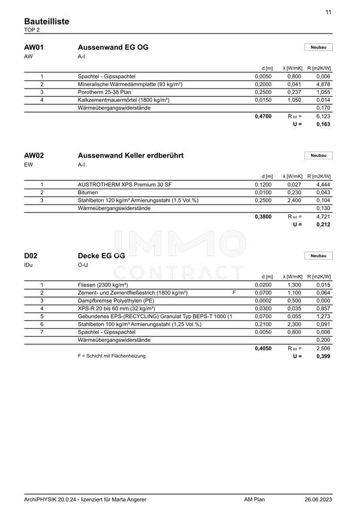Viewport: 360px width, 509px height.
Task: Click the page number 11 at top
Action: pos(328,12)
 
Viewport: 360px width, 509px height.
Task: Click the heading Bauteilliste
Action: pos(47,21)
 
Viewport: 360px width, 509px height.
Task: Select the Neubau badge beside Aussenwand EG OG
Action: pos(318,47)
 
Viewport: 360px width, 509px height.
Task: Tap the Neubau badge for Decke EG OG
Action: pos(318,256)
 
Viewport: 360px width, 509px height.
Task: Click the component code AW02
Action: pos(34,156)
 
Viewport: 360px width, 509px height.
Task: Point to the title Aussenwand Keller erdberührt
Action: pos(131,156)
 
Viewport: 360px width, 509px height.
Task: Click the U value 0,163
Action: pos(323,124)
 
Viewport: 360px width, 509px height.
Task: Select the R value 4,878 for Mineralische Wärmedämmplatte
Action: pos(323,84)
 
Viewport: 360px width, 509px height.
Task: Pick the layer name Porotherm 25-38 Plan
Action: pos(105,92)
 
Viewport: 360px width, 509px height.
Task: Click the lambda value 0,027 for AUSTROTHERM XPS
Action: pos(294,184)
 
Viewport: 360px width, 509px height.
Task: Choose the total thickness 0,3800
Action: pos(262,216)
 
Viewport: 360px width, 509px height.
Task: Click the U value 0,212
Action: pos(323,225)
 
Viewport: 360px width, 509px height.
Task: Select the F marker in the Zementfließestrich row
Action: pos(234,292)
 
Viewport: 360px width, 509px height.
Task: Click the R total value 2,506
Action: pos(323,347)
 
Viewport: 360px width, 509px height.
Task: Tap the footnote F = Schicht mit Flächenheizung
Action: pos(111,356)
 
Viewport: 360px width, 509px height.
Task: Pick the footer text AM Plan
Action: pos(255,498)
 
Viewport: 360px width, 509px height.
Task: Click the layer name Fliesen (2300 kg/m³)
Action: pos(102,284)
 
